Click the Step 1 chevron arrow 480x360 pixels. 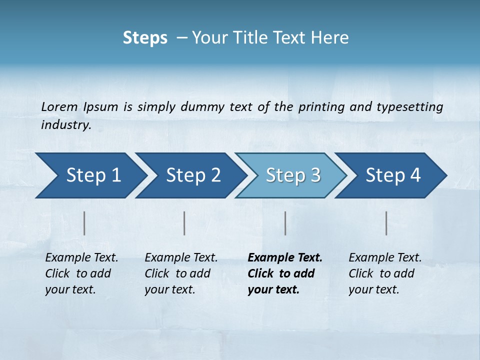(x=90, y=175)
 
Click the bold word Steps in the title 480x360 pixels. (x=145, y=38)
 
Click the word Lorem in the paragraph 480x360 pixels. (x=59, y=107)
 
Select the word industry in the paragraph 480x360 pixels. (x=66, y=125)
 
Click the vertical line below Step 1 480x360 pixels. (x=84, y=223)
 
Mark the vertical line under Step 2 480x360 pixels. (x=184, y=223)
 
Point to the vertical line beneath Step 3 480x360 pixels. (x=285, y=223)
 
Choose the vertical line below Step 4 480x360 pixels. (x=386, y=223)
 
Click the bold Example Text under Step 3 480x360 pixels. (x=285, y=258)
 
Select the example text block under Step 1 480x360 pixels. (x=81, y=273)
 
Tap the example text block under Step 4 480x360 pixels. (x=384, y=273)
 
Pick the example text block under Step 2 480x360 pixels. (x=181, y=273)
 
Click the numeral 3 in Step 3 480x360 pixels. (x=314, y=175)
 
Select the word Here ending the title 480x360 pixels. (x=332, y=38)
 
